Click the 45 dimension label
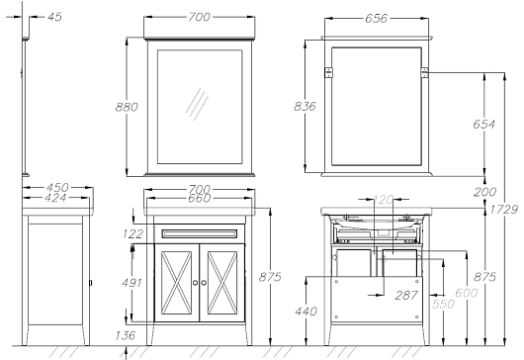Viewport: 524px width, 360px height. [54, 17]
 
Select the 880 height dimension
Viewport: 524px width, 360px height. [127, 107]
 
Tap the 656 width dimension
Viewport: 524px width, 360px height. [376, 19]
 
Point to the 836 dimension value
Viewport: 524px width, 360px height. [305, 106]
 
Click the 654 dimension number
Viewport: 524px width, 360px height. [483, 125]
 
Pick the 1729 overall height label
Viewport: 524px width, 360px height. [504, 210]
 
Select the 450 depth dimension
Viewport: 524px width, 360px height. [57, 187]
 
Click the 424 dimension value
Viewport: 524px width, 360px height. [55, 198]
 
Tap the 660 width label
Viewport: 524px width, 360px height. [199, 198]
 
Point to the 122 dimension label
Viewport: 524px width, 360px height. [132, 234]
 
